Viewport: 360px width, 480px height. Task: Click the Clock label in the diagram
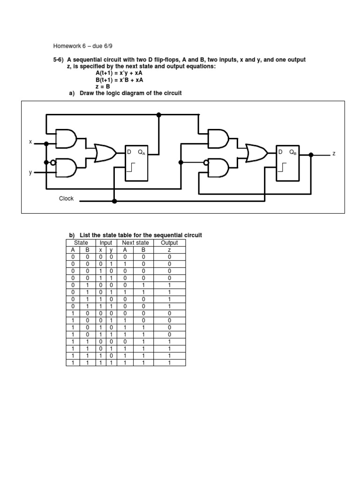tap(66, 198)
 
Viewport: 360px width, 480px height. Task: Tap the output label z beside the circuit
tap(334, 154)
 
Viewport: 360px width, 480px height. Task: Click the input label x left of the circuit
tap(30, 142)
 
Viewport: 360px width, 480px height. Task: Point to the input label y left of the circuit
tap(30, 172)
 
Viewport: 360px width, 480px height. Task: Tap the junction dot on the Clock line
tap(114, 201)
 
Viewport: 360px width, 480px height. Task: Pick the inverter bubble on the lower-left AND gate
tap(53, 163)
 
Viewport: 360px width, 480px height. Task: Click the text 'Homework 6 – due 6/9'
tap(83, 46)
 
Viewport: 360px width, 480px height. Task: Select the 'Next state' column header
tap(135, 243)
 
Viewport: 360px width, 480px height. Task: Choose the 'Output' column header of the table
tap(169, 243)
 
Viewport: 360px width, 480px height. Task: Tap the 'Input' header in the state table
tap(105, 243)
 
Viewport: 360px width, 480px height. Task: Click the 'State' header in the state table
tap(81, 243)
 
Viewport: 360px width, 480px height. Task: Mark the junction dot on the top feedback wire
tap(158, 114)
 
